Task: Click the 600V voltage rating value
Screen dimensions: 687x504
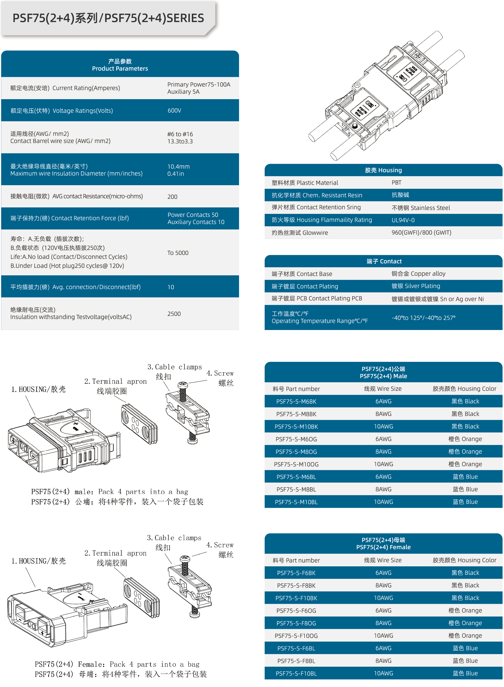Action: [174, 110]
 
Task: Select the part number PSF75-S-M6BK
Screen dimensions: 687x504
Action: [296, 401]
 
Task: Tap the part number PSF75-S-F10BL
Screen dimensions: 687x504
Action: [296, 673]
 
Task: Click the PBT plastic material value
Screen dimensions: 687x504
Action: [396, 183]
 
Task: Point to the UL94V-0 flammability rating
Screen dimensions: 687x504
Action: [403, 220]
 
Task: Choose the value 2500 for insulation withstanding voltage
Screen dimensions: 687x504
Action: [174, 314]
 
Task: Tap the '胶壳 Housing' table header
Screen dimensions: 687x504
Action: [383, 170]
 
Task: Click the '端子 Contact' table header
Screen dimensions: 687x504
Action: [384, 261]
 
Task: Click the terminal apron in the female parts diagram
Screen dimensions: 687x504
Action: [141, 597]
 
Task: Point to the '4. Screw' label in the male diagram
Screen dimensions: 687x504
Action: [220, 373]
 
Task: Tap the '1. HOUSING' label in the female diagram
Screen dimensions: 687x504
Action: [38, 561]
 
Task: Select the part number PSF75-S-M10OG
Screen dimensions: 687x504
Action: [296, 464]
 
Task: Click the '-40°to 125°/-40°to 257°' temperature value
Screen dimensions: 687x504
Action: [423, 318]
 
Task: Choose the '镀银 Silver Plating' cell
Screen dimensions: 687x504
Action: [416, 286]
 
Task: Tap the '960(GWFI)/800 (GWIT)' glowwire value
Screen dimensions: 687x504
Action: [421, 233]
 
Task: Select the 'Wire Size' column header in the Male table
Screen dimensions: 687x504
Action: [383, 389]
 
